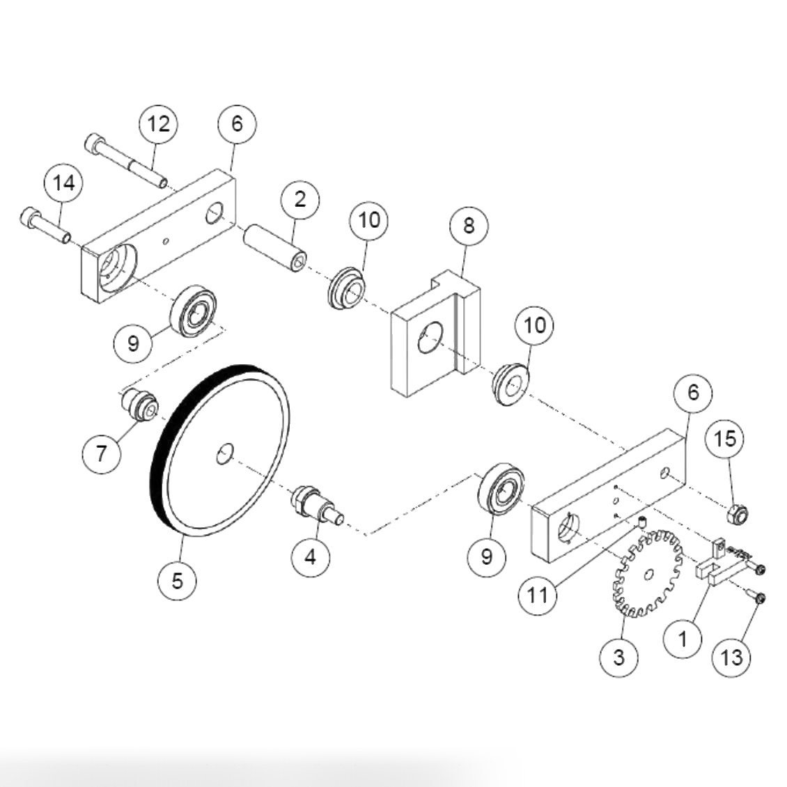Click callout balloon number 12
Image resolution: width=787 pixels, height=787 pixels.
coord(158,125)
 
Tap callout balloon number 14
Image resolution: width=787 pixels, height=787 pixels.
coord(63,184)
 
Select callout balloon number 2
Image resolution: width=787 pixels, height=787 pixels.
coord(300,200)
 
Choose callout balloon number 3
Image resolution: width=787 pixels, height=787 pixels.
coord(619,657)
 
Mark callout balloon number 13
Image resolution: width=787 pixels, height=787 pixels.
coord(733,657)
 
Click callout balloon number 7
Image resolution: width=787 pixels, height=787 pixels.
coord(102,454)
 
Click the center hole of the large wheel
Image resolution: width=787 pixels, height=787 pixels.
coord(225,454)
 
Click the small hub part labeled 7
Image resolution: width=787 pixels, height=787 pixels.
coord(138,405)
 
